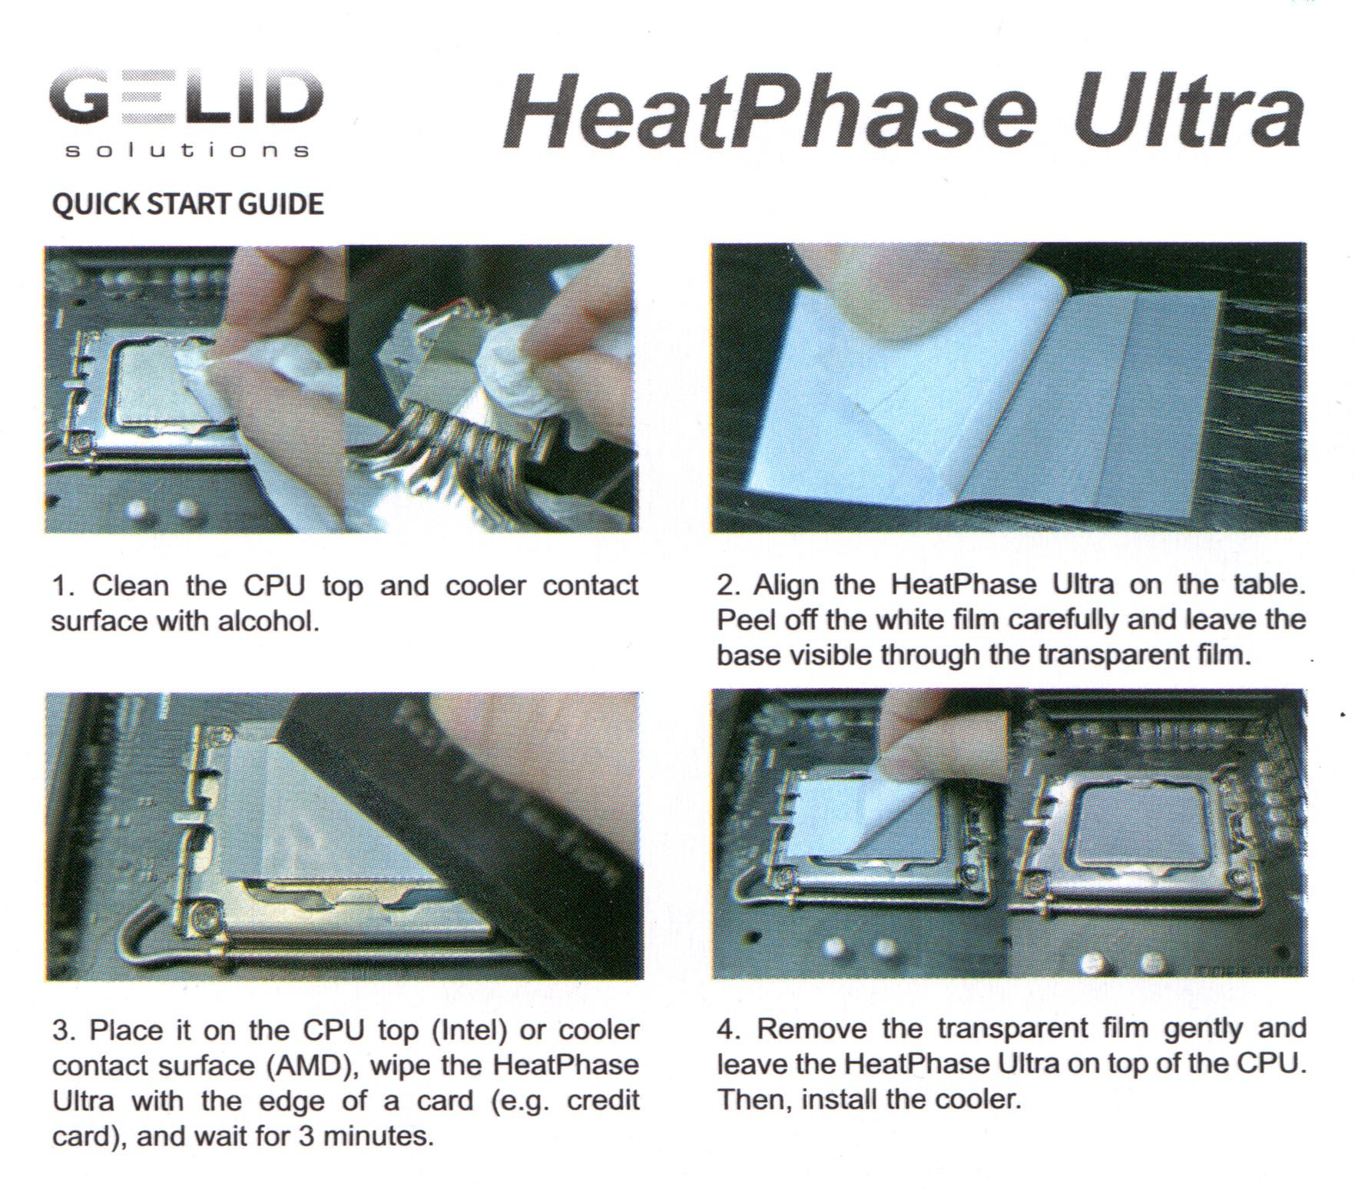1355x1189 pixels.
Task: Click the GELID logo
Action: tap(186, 113)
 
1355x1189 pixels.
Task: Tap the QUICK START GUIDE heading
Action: tap(187, 204)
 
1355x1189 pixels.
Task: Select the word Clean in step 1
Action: tap(130, 585)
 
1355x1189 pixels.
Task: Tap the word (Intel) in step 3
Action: tap(470, 1030)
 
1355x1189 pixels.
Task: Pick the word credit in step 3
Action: tap(603, 1100)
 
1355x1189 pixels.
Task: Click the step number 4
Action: tap(726, 1028)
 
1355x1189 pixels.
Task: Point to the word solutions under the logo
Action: tap(187, 150)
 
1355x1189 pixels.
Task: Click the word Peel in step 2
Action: tap(746, 619)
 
